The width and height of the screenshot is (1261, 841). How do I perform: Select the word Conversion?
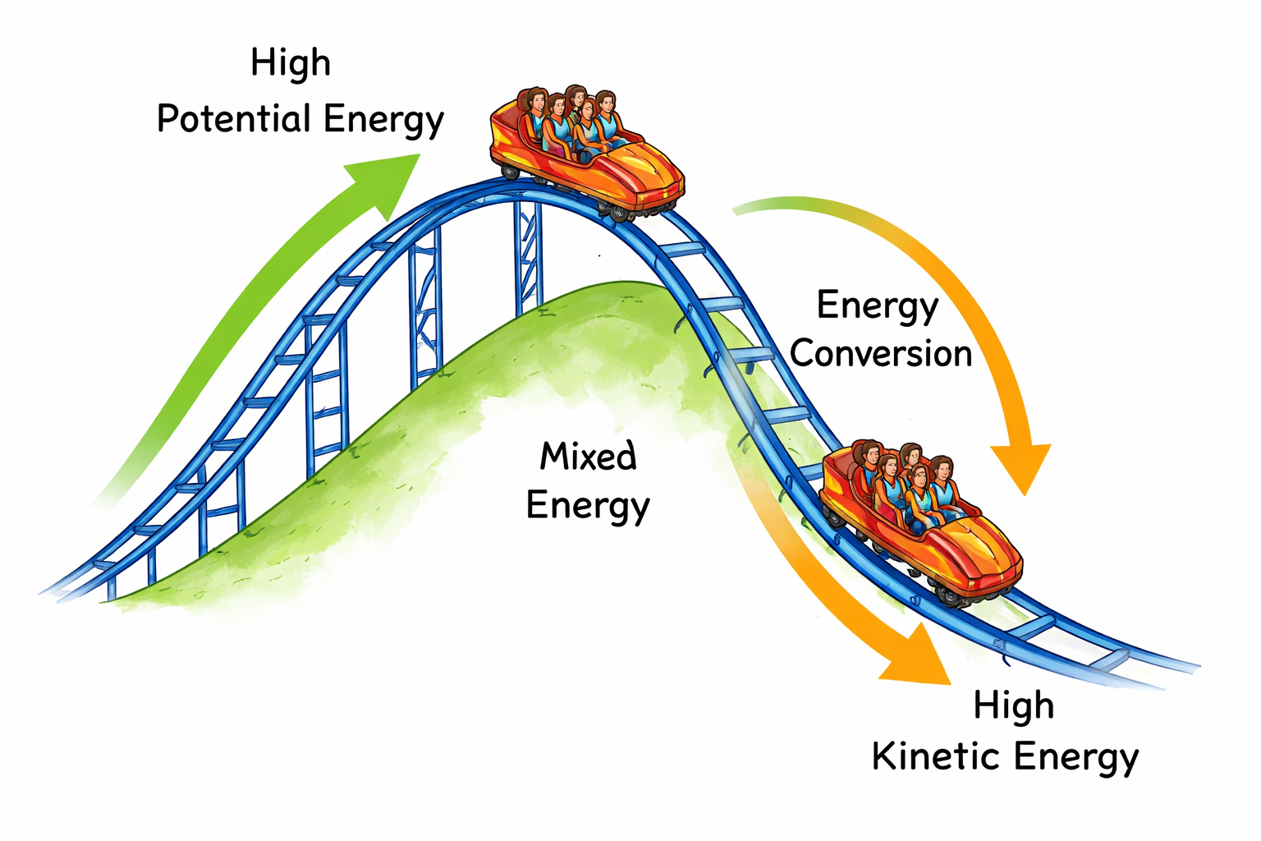click(881, 354)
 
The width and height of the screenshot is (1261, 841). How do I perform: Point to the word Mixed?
click(588, 456)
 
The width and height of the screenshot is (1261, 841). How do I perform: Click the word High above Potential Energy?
click(291, 63)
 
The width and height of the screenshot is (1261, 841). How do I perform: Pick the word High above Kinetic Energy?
click(1013, 705)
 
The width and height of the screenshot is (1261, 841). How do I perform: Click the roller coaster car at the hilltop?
click(587, 152)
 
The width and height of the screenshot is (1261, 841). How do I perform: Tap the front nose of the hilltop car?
click(669, 185)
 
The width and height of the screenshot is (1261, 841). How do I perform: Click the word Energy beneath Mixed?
click(588, 505)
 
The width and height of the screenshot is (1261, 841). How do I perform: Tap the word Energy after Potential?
click(383, 121)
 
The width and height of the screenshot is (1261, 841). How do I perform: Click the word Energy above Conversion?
click(877, 306)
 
